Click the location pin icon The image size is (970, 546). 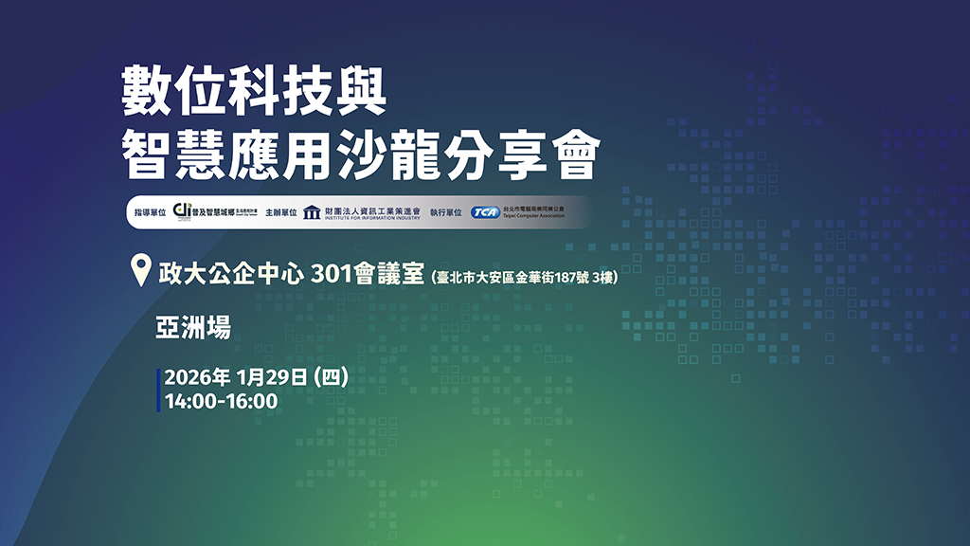(140, 271)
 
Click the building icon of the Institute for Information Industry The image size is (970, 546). (312, 212)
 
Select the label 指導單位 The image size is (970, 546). (152, 213)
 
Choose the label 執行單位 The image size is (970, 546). (446, 213)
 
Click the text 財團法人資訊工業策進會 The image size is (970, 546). (371, 209)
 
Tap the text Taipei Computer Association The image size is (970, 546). (532, 217)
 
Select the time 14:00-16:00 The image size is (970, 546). (221, 401)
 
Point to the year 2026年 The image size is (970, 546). (197, 377)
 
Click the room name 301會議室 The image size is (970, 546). (368, 273)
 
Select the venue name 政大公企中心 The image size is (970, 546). (230, 273)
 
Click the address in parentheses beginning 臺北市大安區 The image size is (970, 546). (530, 278)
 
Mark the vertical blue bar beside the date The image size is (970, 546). (158, 390)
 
